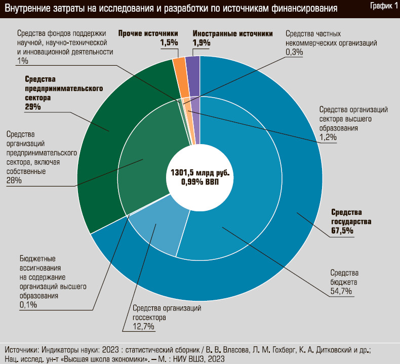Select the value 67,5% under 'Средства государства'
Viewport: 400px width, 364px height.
click(342, 231)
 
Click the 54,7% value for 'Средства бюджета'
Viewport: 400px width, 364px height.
click(341, 291)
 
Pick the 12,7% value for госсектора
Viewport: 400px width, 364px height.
click(144, 326)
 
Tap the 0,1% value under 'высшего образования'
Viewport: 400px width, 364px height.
click(28, 305)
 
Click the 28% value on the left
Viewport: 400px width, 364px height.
click(14, 180)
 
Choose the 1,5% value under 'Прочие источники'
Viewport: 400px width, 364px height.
click(169, 43)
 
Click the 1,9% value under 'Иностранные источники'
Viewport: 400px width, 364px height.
click(202, 43)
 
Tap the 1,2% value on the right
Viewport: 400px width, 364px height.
click(328, 138)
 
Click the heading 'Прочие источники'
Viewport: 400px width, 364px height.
click(148, 34)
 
